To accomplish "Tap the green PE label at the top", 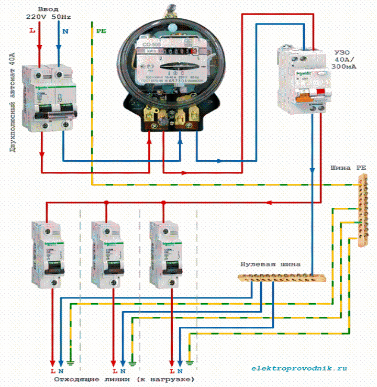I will pos(101,31).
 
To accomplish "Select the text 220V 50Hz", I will pos(49,17).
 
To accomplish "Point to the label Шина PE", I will pos(348,168).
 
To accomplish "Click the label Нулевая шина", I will pos(270,264).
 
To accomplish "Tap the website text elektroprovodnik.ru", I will pos(300,369).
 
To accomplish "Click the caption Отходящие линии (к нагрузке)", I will pos(125,379).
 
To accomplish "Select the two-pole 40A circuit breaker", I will pos(52,97).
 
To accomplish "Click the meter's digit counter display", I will pos(175,51).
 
